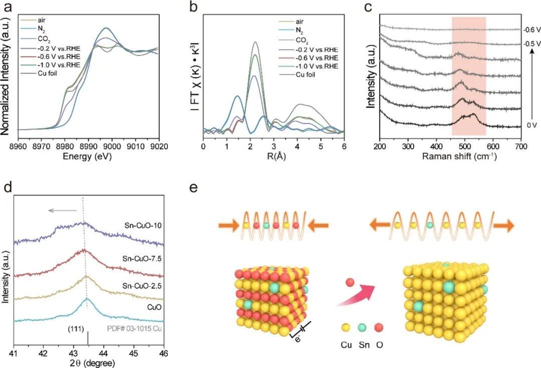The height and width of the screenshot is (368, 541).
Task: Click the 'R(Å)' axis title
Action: click(273, 156)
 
